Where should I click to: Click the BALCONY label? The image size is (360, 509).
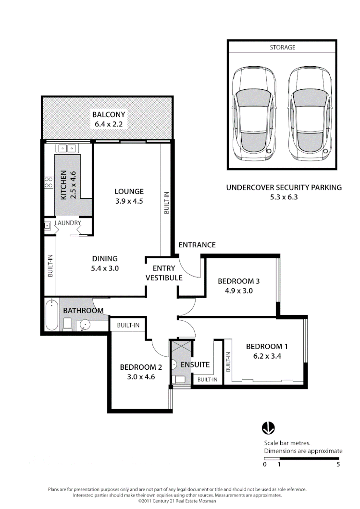tap(109, 114)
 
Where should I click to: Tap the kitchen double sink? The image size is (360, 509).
tap(65, 148)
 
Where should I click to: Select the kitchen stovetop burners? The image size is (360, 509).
tap(49, 182)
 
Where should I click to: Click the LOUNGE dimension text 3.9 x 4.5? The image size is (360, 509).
tap(129, 202)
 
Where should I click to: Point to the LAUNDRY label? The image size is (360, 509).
tap(68, 223)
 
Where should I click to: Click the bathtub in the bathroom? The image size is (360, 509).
tap(51, 315)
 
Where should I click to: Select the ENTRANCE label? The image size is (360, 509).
tap(197, 245)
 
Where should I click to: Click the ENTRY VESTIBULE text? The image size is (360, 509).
tap(164, 273)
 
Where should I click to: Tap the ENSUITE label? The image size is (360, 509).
tap(195, 364)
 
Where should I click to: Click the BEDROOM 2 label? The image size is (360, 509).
tap(141, 367)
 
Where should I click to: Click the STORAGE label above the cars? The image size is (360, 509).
tap(282, 48)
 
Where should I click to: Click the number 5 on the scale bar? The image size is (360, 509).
tap(338, 464)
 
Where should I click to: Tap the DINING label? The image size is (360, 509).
tap(105, 258)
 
